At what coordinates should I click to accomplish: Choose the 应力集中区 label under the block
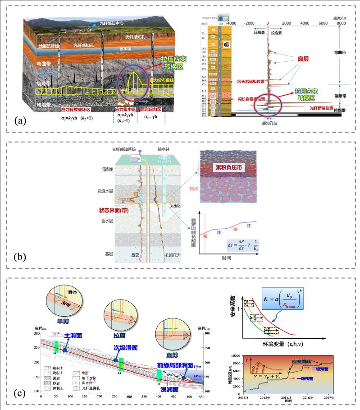tap(124, 109)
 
